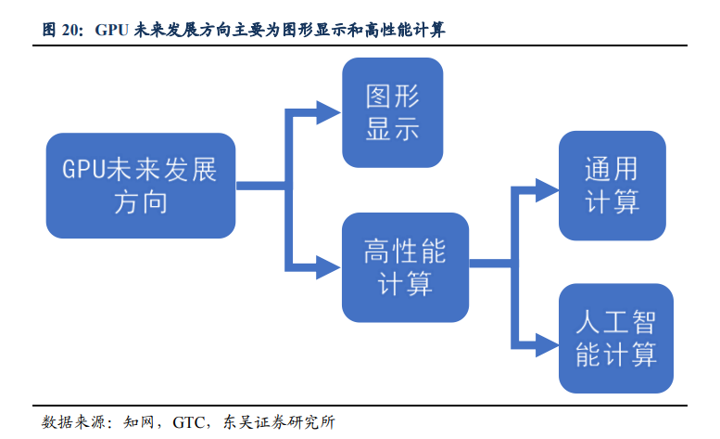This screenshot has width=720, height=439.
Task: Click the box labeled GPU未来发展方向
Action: pyautogui.click(x=141, y=186)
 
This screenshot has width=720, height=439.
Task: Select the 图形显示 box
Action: pyautogui.click(x=392, y=112)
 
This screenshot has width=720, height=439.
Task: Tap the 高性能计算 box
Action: pyautogui.click(x=405, y=267)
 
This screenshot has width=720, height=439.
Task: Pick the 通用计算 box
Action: pyautogui.click(x=612, y=185)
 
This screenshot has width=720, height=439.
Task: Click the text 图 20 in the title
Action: pyautogui.click(x=62, y=30)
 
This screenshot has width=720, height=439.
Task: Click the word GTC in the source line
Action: pyautogui.click(x=190, y=422)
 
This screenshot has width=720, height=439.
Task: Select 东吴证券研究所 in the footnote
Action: pyautogui.click(x=278, y=422)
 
